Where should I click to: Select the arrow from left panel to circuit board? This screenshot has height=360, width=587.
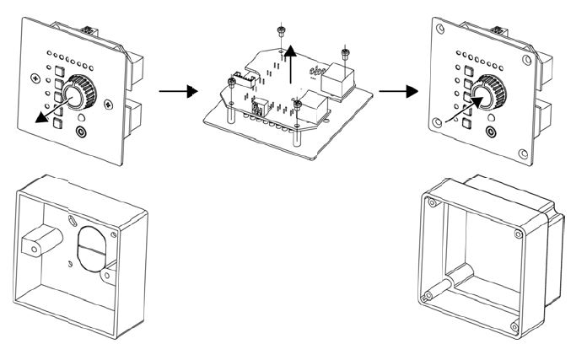[172, 90]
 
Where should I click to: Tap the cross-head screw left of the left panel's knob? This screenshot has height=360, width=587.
[35, 78]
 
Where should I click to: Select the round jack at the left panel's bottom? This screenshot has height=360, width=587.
[81, 132]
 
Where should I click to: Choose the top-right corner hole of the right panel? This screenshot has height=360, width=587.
[526, 61]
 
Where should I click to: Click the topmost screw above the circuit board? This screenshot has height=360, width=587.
[279, 32]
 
